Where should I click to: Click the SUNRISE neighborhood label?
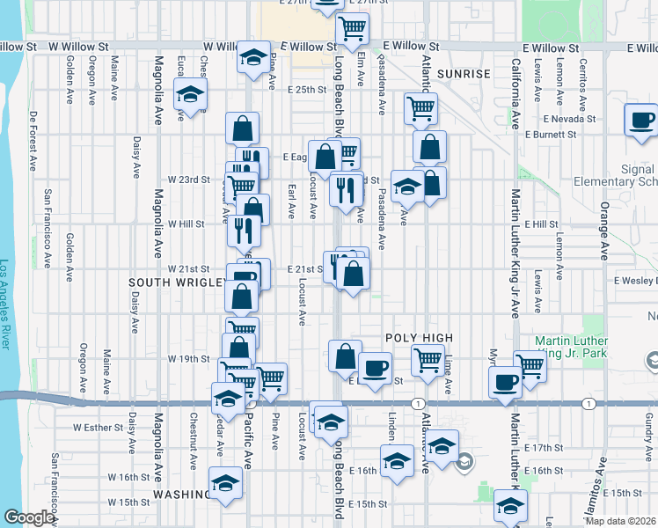coord(463,74)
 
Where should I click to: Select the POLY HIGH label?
coord(419,338)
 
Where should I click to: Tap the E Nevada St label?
coord(570,118)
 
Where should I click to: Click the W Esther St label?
coord(95,428)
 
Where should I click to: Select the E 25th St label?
coord(305,90)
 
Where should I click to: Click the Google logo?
coord(28,517)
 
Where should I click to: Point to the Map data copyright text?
coord(620,521)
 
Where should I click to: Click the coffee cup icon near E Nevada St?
coord(641,120)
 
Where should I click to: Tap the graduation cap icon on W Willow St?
coord(253,57)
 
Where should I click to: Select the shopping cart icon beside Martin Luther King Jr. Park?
coord(530,363)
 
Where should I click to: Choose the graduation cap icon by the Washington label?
coord(226,483)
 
